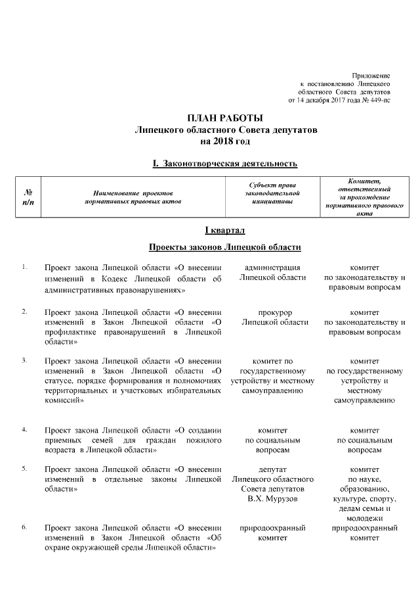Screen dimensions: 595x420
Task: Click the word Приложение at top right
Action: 372,77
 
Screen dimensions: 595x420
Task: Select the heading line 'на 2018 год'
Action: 225,141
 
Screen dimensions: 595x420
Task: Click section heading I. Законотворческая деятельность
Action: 225,162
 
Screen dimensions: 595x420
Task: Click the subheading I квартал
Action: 225,229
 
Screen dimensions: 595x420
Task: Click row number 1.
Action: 24,267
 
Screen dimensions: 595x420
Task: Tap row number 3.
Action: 24,360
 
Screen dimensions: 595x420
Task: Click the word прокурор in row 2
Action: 275,311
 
